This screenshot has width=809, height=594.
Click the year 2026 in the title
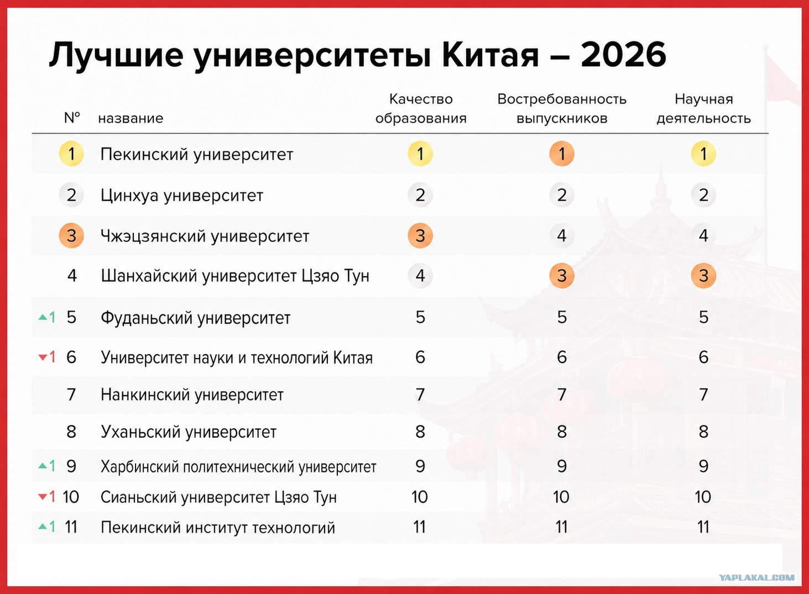point(623,55)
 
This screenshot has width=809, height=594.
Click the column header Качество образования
point(421,109)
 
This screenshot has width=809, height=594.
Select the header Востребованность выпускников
point(562,109)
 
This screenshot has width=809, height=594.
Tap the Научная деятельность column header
point(703,109)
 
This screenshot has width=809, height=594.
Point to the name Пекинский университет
point(197,155)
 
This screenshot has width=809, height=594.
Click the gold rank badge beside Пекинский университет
point(71,154)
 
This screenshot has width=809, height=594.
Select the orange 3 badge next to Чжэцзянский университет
point(71,235)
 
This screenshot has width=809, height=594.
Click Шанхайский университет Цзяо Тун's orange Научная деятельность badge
point(703,276)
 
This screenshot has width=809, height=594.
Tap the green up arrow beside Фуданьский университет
point(43,317)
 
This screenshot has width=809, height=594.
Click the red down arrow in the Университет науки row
point(43,358)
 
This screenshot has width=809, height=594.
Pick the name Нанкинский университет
point(192,395)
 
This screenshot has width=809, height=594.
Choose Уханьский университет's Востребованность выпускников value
point(562,432)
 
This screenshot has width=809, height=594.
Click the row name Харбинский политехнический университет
point(238,466)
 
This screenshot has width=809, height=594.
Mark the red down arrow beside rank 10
point(43,497)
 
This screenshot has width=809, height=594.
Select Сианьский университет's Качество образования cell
point(420,497)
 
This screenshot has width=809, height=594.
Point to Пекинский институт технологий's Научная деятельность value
point(703,527)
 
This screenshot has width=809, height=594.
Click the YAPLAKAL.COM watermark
point(756,578)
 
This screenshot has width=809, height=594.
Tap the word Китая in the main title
point(490,55)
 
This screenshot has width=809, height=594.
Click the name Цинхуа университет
point(182,196)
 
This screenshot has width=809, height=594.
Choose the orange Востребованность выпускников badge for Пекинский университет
point(562,154)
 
